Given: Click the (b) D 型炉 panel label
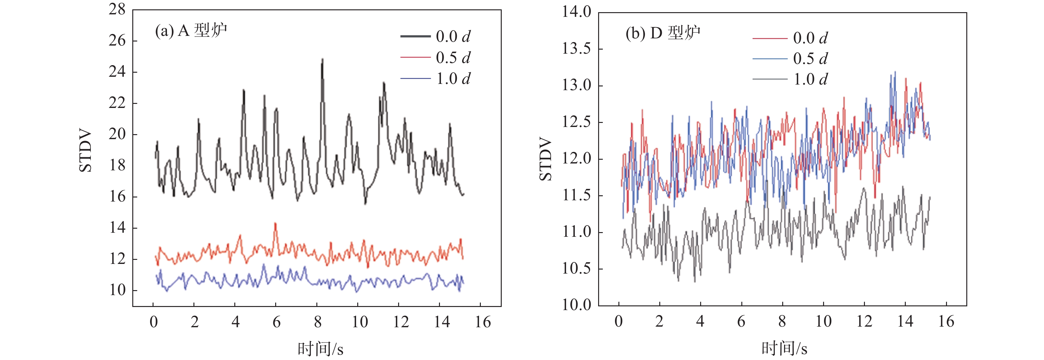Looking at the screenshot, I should coord(663,33).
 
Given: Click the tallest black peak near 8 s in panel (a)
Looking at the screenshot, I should coord(323,59).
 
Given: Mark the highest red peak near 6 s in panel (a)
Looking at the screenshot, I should coord(276,223).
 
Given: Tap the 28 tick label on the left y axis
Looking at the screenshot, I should coord(117,9).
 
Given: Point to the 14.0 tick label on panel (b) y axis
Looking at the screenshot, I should coord(576,12).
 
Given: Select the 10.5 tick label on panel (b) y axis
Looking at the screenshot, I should coord(576,268).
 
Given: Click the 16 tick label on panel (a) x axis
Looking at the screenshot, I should coord(483,322).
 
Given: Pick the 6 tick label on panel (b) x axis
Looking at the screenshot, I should coord(741,322).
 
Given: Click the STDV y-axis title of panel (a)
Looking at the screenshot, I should coord(86,151).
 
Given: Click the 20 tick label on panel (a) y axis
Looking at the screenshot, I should coord(117,134).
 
